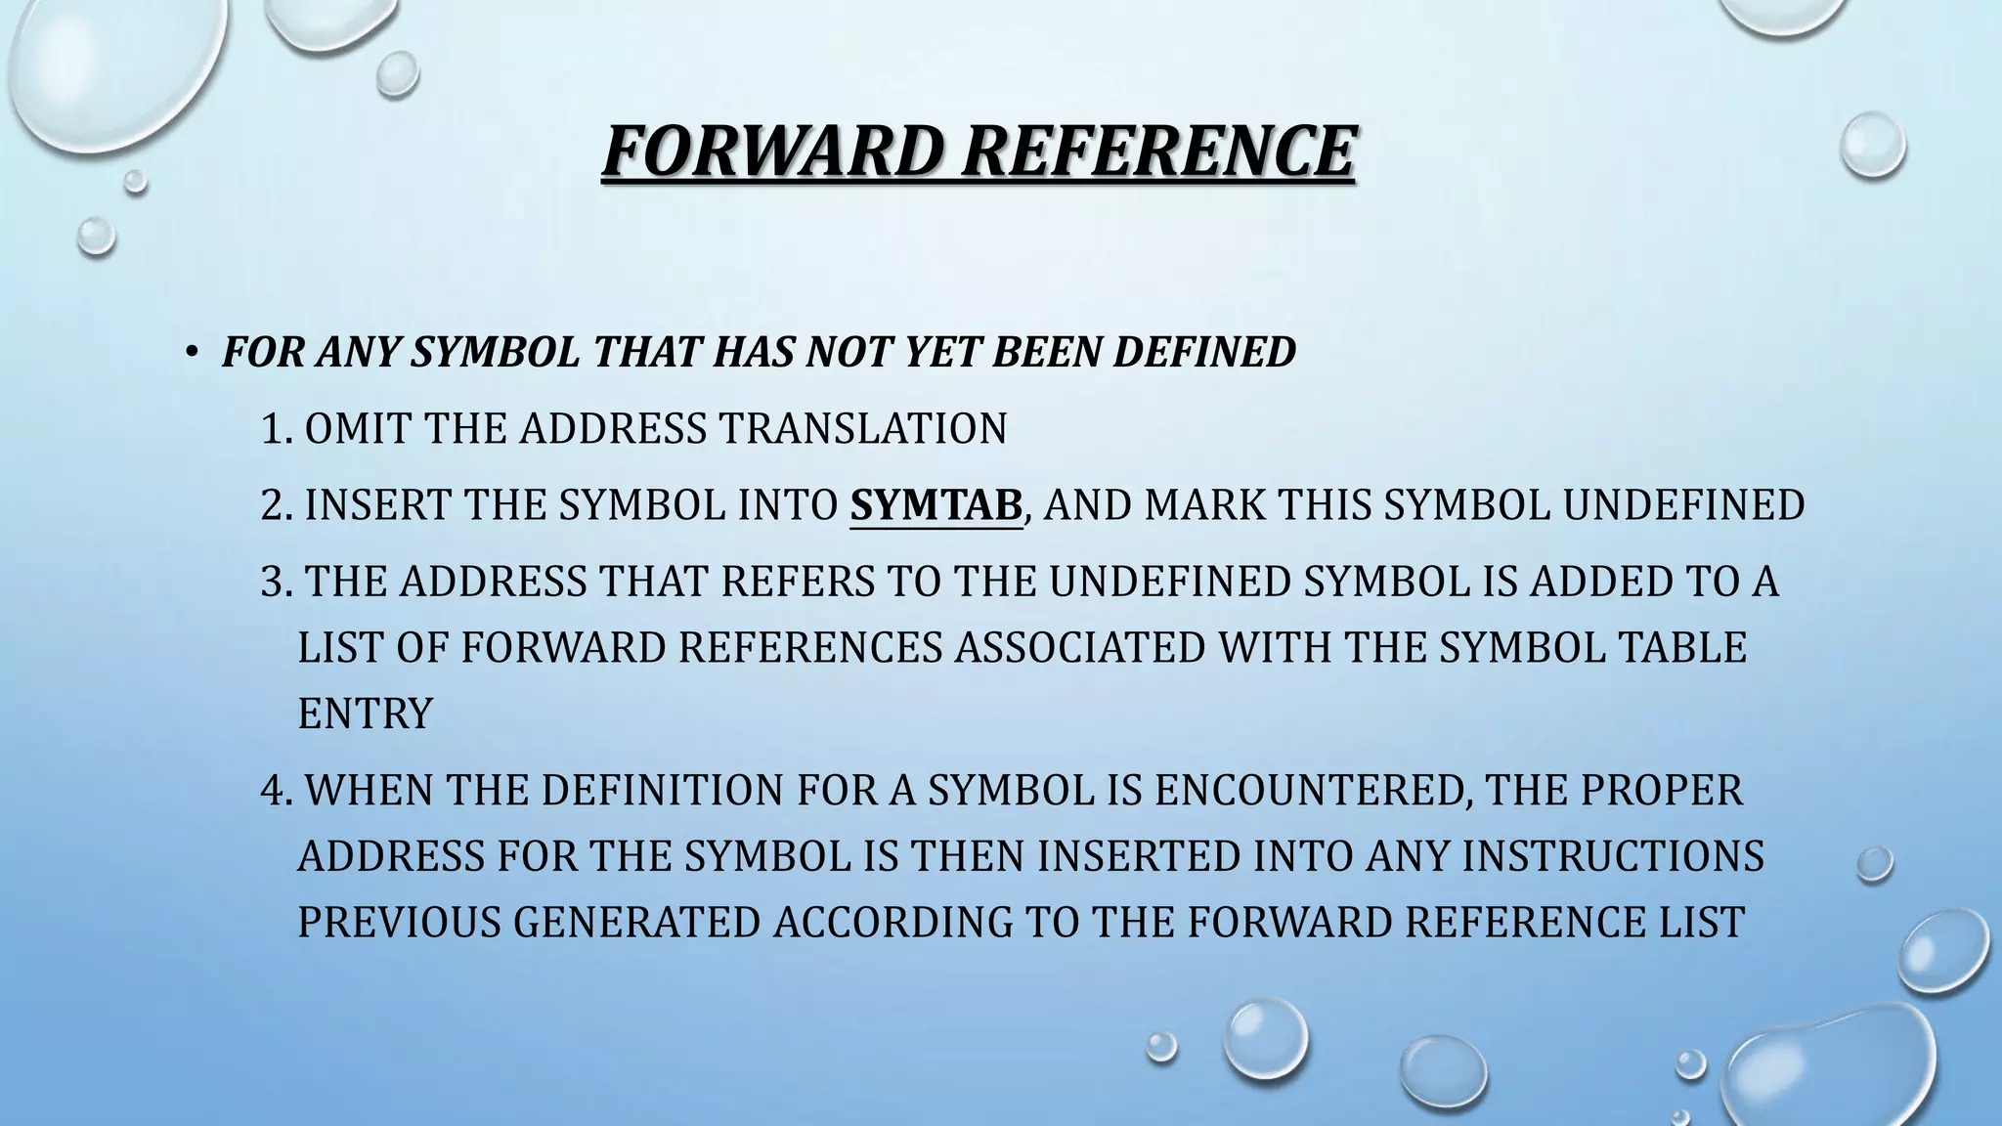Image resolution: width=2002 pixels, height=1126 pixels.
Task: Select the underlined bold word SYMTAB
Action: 936,505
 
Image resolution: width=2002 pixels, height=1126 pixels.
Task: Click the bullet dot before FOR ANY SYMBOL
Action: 193,352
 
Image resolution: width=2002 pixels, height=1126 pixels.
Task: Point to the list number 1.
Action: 275,429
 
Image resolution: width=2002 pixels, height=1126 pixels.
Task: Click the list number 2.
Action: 276,505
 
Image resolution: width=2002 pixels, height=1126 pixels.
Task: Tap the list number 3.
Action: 276,582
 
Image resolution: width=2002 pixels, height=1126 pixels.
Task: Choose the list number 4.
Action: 276,791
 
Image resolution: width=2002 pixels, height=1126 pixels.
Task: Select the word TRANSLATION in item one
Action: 862,429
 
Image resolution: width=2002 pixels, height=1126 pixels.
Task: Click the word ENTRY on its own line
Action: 365,714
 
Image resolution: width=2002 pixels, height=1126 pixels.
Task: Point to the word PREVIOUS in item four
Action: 399,923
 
